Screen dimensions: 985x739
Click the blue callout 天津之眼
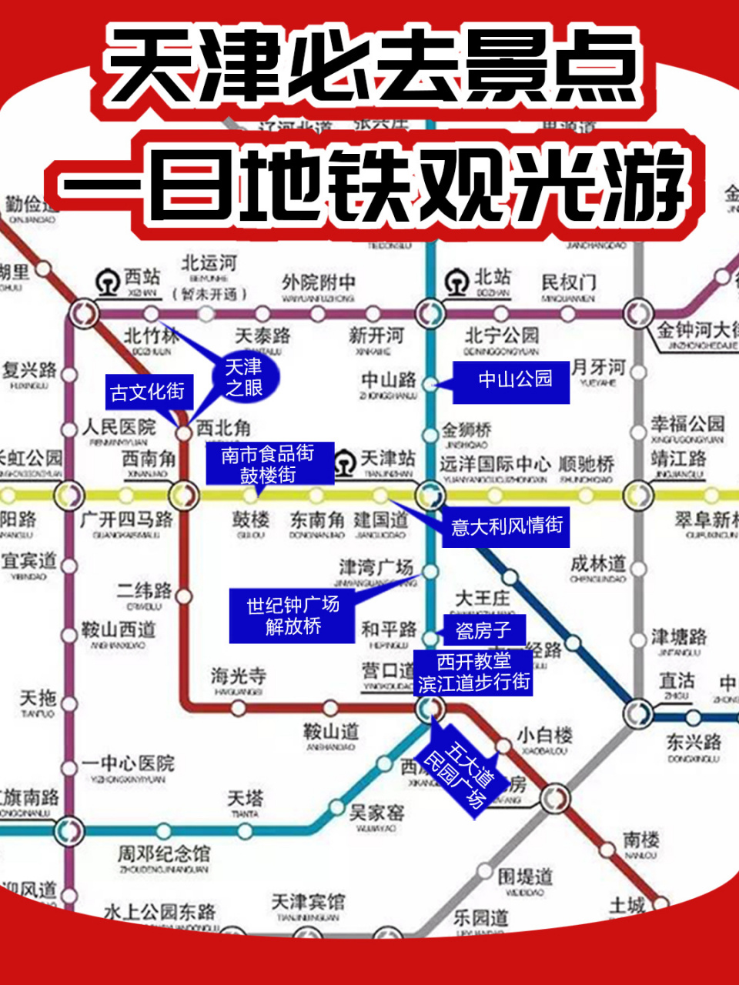[x=243, y=378]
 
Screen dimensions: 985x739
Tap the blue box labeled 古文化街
[x=148, y=392]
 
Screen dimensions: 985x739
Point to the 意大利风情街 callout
[x=507, y=526]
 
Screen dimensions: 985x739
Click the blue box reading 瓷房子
[x=483, y=631]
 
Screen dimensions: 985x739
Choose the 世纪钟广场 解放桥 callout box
[x=293, y=616]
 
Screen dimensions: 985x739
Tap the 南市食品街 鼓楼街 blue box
[x=268, y=464]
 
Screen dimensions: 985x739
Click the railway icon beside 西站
[x=108, y=282]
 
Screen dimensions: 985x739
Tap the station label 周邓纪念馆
[x=163, y=853]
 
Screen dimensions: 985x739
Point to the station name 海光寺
[x=239, y=676]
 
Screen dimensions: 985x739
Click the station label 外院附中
[x=318, y=282]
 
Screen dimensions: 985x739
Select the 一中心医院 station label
[x=129, y=763]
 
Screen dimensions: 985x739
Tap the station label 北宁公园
[x=501, y=336]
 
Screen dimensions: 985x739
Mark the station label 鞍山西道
[x=119, y=630]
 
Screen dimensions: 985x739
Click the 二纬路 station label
[x=144, y=590]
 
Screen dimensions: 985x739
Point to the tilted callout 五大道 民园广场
[x=460, y=772]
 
